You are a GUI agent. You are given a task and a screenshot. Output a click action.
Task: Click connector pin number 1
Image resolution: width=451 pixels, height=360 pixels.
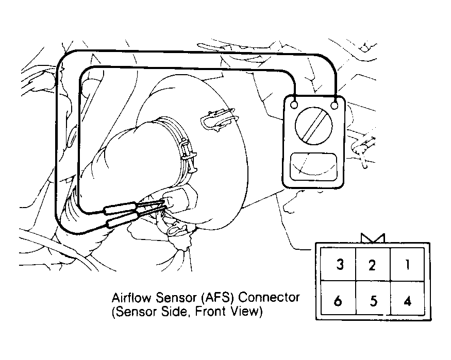click(x=407, y=264)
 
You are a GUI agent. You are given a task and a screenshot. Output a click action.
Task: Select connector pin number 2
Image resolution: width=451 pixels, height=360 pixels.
click(x=373, y=264)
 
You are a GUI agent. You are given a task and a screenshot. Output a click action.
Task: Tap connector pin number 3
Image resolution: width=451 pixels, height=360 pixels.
click(x=339, y=264)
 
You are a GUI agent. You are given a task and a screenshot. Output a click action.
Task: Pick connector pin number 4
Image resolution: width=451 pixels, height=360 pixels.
click(x=407, y=298)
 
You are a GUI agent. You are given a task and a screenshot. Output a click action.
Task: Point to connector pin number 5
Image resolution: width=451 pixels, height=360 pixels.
click(x=373, y=298)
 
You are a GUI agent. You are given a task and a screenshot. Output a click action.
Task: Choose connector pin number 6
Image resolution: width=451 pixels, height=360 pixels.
click(x=339, y=298)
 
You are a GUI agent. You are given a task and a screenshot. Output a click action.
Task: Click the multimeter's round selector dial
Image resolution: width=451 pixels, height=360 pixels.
click(x=313, y=126)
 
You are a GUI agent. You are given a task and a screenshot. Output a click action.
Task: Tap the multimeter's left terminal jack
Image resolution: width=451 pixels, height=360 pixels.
click(x=294, y=105)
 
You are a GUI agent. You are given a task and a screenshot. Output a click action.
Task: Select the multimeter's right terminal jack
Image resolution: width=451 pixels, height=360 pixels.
click(x=335, y=106)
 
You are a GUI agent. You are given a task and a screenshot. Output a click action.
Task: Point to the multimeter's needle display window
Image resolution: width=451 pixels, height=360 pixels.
click(x=313, y=167)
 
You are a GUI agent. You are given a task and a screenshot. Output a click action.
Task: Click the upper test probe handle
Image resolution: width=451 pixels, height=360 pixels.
click(x=121, y=208)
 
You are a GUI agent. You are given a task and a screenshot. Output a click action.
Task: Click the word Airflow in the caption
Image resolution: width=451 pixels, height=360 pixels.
click(x=131, y=297)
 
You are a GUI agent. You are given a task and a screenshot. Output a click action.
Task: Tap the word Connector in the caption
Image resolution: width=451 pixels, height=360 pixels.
click(x=269, y=297)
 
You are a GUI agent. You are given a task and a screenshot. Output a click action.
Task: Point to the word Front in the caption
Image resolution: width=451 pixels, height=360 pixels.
click(x=209, y=312)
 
